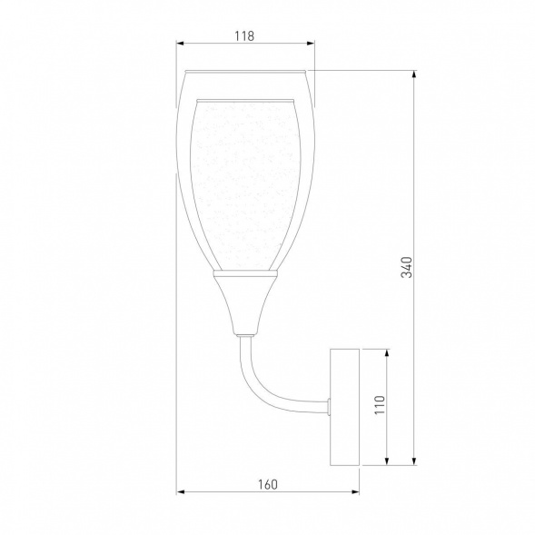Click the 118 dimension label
(x=244, y=35)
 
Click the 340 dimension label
(x=407, y=267)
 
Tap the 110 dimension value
(x=380, y=405)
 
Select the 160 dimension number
(x=267, y=484)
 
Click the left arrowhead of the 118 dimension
(x=181, y=44)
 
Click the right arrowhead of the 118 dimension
(x=310, y=44)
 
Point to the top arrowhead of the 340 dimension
(x=414, y=74)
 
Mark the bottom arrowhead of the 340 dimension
(x=414, y=461)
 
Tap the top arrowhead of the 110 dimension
(x=387, y=353)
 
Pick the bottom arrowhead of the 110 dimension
(x=387, y=461)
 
